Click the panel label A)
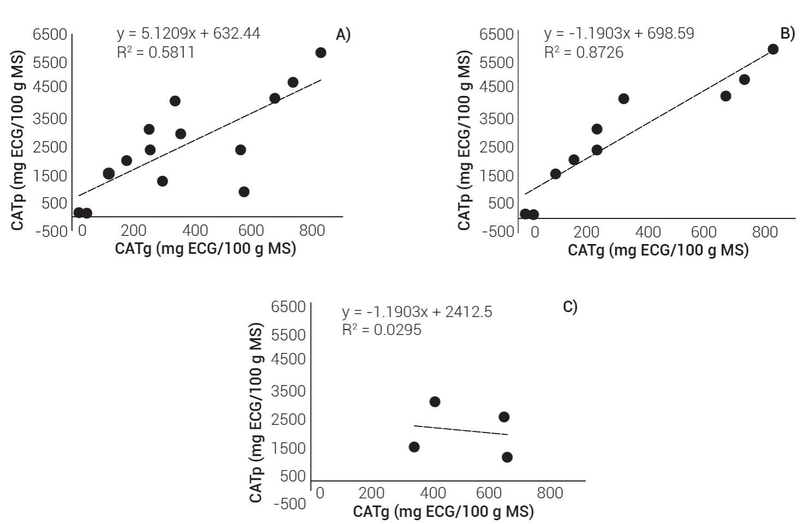tap(343, 35)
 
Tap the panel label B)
tap(787, 34)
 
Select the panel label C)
tap(569, 307)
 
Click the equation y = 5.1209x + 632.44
tap(188, 34)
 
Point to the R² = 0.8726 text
tap(584, 52)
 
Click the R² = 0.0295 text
tap(381, 330)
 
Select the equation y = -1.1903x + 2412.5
tap(417, 312)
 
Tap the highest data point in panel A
tap(320, 53)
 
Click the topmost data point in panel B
tap(773, 50)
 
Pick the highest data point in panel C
tap(435, 402)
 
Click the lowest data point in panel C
tap(507, 457)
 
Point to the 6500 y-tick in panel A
tap(50, 34)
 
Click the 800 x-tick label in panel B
tap(765, 231)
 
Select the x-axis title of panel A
tap(205, 248)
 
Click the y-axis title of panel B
tap(464, 142)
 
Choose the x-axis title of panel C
tap(443, 511)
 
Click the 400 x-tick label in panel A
tap(195, 230)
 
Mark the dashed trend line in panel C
tap(460, 430)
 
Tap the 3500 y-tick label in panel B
tap(496, 119)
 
